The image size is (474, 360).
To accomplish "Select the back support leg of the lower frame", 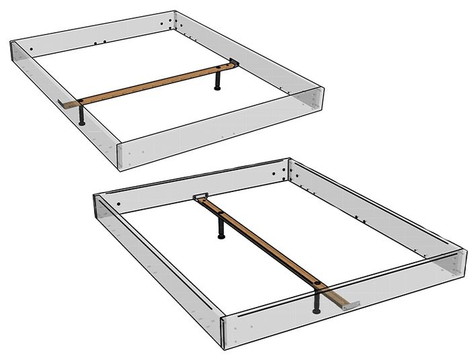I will tap(221, 228).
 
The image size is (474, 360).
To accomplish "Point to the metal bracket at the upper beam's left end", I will tap(66, 104).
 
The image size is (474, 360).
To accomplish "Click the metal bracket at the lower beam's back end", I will tap(200, 197).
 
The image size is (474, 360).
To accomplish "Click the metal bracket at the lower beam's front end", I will tap(348, 305).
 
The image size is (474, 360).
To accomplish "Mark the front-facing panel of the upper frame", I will tap(215, 132).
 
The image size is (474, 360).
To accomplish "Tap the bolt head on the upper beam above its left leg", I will tap(81, 101).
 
